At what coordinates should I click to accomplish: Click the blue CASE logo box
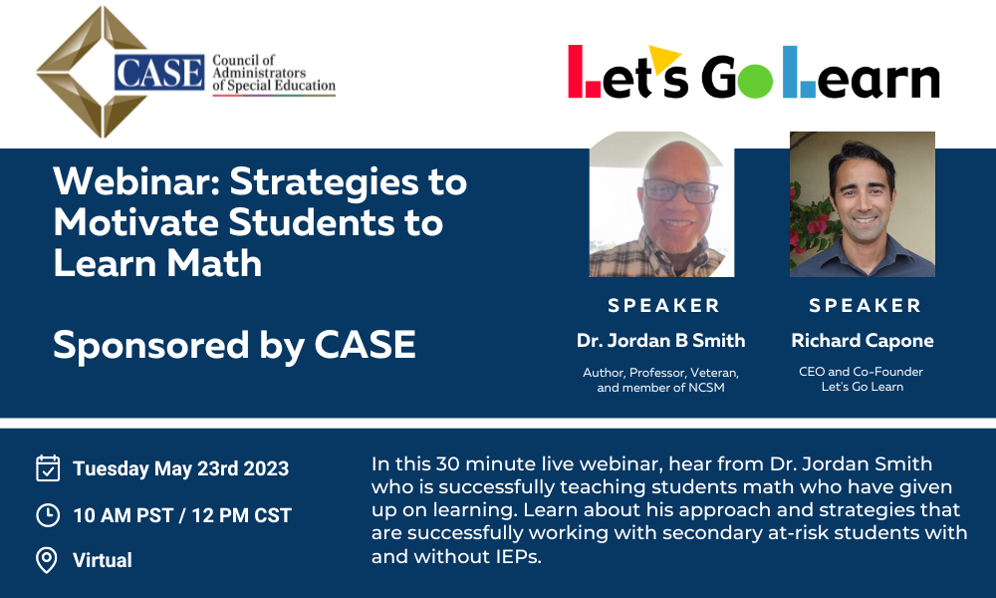(x=159, y=73)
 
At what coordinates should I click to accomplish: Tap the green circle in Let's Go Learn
(x=755, y=81)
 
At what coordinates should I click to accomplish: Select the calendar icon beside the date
(x=48, y=468)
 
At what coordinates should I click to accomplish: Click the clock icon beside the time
(x=48, y=514)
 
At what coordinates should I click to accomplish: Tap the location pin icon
(x=47, y=560)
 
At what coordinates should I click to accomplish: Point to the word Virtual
(x=103, y=560)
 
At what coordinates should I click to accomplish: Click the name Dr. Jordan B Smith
(x=660, y=341)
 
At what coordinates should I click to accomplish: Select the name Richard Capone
(x=862, y=341)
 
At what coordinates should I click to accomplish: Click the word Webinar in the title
(x=136, y=181)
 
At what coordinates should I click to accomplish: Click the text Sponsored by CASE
(x=234, y=346)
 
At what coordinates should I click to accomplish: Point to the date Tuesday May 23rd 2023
(x=181, y=468)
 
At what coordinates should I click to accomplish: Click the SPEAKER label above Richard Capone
(x=866, y=306)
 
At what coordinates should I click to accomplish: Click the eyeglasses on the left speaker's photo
(x=680, y=190)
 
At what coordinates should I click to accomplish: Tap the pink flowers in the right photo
(x=807, y=222)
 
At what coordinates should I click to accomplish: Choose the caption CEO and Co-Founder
(x=861, y=372)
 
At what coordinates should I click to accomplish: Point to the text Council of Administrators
(x=259, y=66)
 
